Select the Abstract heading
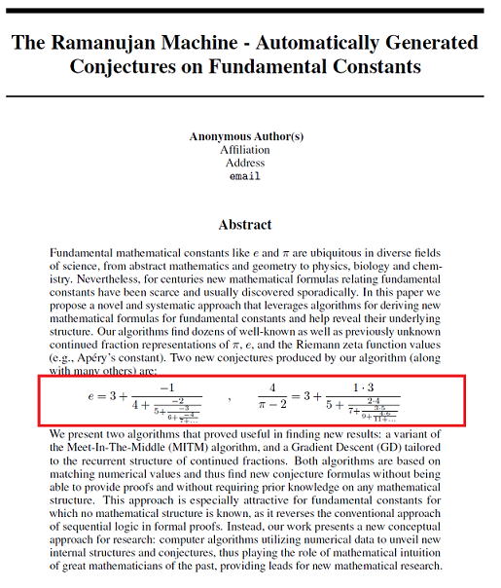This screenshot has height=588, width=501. coord(244,225)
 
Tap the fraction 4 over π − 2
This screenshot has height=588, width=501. coord(278,397)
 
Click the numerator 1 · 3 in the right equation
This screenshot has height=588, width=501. coord(357,387)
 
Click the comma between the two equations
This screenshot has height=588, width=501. coord(231,399)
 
